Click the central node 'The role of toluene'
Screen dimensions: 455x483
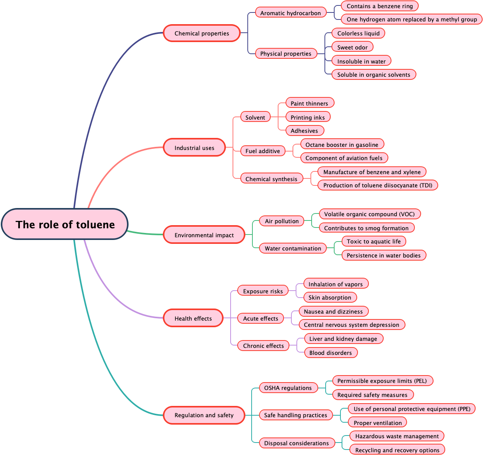65,224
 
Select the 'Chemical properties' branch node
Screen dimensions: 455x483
201,33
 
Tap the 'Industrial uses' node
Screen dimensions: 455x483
194,148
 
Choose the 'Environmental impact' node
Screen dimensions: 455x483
204,235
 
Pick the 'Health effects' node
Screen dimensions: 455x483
193,318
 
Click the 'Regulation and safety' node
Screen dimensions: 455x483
204,415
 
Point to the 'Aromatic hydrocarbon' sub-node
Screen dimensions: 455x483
291,13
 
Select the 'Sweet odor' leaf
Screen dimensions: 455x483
352,47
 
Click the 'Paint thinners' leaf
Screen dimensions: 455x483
309,103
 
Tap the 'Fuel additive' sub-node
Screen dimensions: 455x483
263,151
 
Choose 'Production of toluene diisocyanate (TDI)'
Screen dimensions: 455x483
377,185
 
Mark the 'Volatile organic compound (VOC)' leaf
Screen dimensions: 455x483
369,214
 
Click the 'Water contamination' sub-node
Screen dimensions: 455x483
293,248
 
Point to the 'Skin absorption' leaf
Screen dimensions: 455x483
330,297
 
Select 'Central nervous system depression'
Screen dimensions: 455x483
351,324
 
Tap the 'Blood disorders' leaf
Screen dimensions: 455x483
330,353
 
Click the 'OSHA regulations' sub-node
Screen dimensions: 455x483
288,388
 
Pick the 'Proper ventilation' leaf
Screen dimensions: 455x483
377,423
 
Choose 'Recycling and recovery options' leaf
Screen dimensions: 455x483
397,450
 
